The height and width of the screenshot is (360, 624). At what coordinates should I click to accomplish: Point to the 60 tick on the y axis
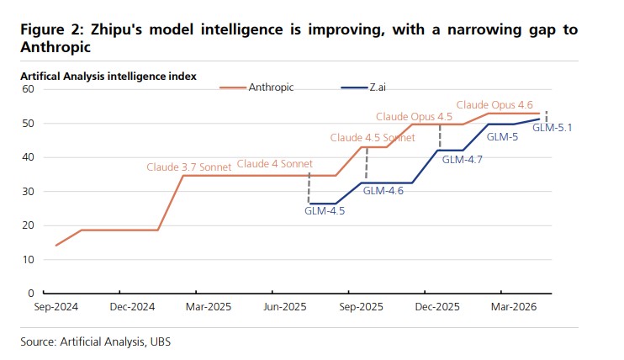tap(26, 89)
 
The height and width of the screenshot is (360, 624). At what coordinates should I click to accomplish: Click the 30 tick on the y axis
tap(26, 192)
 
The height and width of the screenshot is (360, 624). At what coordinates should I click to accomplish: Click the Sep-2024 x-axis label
tap(56, 308)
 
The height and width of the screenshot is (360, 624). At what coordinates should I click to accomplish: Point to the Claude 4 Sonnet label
tap(274, 164)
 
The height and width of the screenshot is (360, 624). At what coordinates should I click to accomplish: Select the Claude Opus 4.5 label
tap(414, 116)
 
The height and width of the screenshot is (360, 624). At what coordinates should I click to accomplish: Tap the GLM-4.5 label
tap(325, 211)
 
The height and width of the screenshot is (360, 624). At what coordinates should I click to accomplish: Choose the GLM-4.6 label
tap(383, 191)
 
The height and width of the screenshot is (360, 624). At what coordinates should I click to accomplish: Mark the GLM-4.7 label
tap(462, 158)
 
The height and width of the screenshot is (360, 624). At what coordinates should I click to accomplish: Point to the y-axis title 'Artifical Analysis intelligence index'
tap(108, 76)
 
